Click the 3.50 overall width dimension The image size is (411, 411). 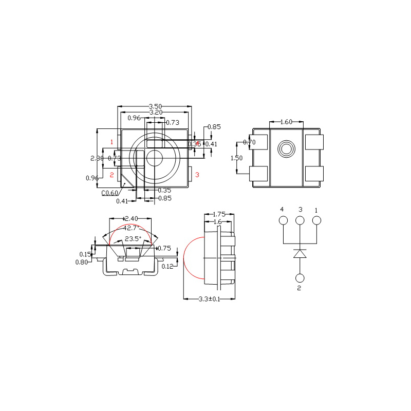point(155,106)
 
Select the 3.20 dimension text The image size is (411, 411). point(156,112)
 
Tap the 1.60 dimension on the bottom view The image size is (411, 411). point(286,122)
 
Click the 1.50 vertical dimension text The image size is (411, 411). point(236,158)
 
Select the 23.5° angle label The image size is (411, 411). point(133,238)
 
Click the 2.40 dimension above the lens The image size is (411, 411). point(132,219)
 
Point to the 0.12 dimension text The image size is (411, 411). point(167,266)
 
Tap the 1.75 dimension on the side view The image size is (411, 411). point(219,214)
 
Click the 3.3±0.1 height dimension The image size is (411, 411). point(209,299)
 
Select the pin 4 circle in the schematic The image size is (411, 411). point(283,220)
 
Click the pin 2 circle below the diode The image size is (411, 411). point(300,278)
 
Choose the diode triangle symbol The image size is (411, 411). point(300,253)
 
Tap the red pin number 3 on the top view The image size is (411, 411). point(197,175)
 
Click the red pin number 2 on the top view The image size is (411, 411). point(111,175)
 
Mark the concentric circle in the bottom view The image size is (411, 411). point(287,150)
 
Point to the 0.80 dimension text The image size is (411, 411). point(82,262)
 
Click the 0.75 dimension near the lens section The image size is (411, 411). point(164,248)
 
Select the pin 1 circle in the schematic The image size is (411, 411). point(316,220)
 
